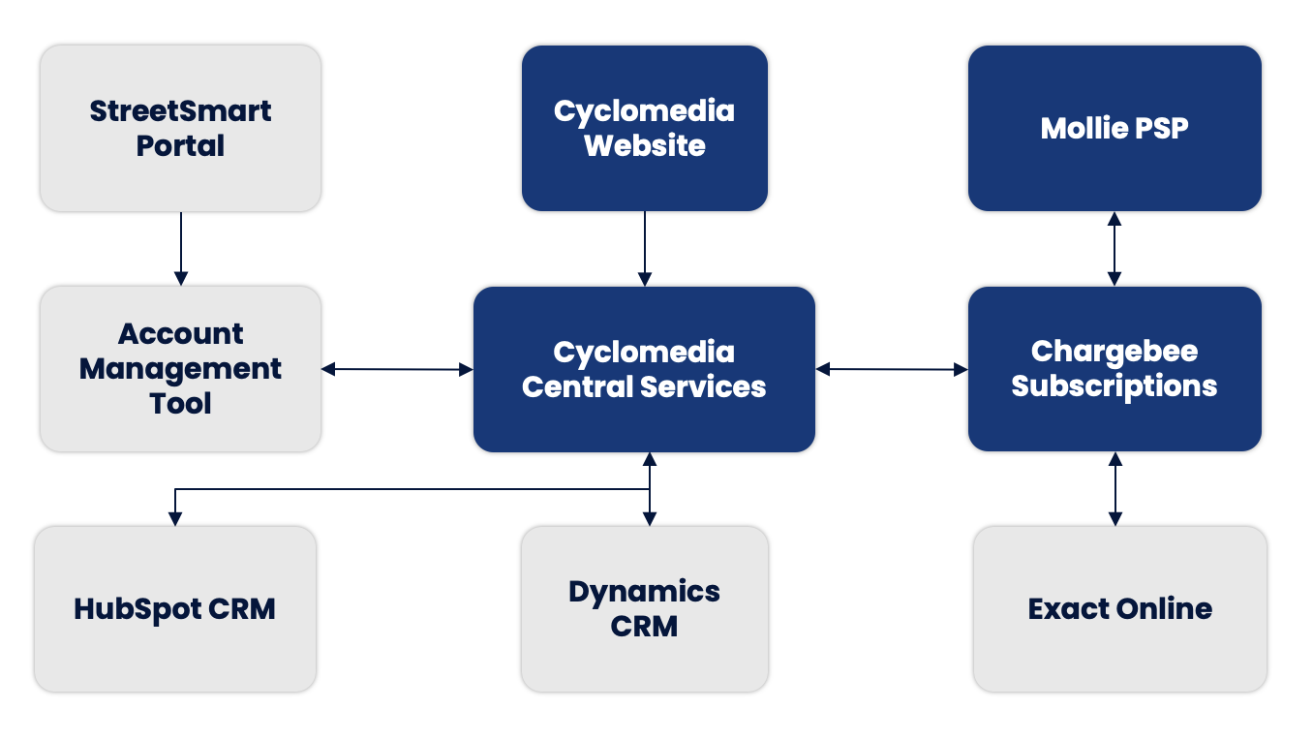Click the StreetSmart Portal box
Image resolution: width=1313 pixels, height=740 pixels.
coord(180,128)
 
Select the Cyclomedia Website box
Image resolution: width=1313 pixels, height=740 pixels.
coord(644,128)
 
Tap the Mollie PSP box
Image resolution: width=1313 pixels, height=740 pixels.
coord(1115,128)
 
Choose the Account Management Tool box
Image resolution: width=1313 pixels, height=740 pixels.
coord(180,368)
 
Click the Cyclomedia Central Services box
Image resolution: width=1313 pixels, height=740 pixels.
coord(644,369)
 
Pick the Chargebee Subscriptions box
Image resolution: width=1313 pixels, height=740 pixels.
coord(1115,369)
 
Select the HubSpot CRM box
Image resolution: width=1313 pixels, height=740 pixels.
coord(175,608)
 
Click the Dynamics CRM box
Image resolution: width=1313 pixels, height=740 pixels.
coord(644,608)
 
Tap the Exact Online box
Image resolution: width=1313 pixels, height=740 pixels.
coord(1119,608)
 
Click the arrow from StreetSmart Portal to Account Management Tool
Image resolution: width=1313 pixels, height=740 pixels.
coord(180,248)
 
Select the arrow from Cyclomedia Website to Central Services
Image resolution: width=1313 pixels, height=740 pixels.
coord(645,248)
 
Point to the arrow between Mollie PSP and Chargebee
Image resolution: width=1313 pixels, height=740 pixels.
coord(1115,248)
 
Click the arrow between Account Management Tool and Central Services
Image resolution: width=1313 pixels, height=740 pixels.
coord(397,369)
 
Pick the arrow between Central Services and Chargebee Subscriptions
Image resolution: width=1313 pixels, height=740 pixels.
coord(892,369)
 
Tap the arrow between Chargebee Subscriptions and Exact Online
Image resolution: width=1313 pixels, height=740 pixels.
coord(1115,489)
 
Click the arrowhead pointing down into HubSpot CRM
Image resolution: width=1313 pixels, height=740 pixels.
coord(175,519)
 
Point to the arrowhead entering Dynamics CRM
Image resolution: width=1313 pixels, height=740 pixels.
coord(649,519)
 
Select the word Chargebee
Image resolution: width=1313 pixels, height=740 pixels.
coord(1115,351)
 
